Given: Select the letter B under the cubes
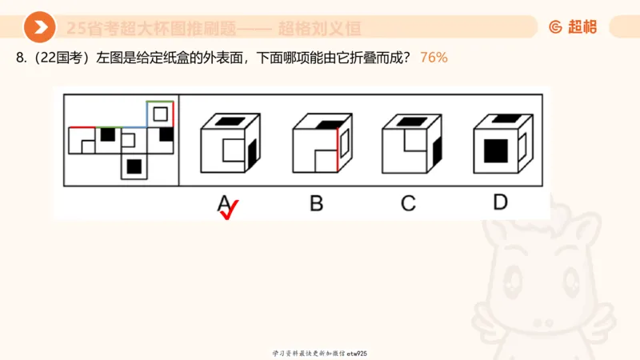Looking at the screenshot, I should (317, 203).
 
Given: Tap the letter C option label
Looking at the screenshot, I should (409, 203).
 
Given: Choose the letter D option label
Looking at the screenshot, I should (500, 202).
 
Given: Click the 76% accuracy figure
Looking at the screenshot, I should (434, 58).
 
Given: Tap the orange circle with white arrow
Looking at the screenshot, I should (39, 28).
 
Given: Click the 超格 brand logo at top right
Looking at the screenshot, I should (573, 26).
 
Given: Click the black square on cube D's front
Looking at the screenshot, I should (495, 150).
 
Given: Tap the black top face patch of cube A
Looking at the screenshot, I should (230, 120).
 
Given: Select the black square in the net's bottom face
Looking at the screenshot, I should (134, 166).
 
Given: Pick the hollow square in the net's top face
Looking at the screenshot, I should (161, 114).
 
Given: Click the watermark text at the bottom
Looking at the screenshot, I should (319, 353).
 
